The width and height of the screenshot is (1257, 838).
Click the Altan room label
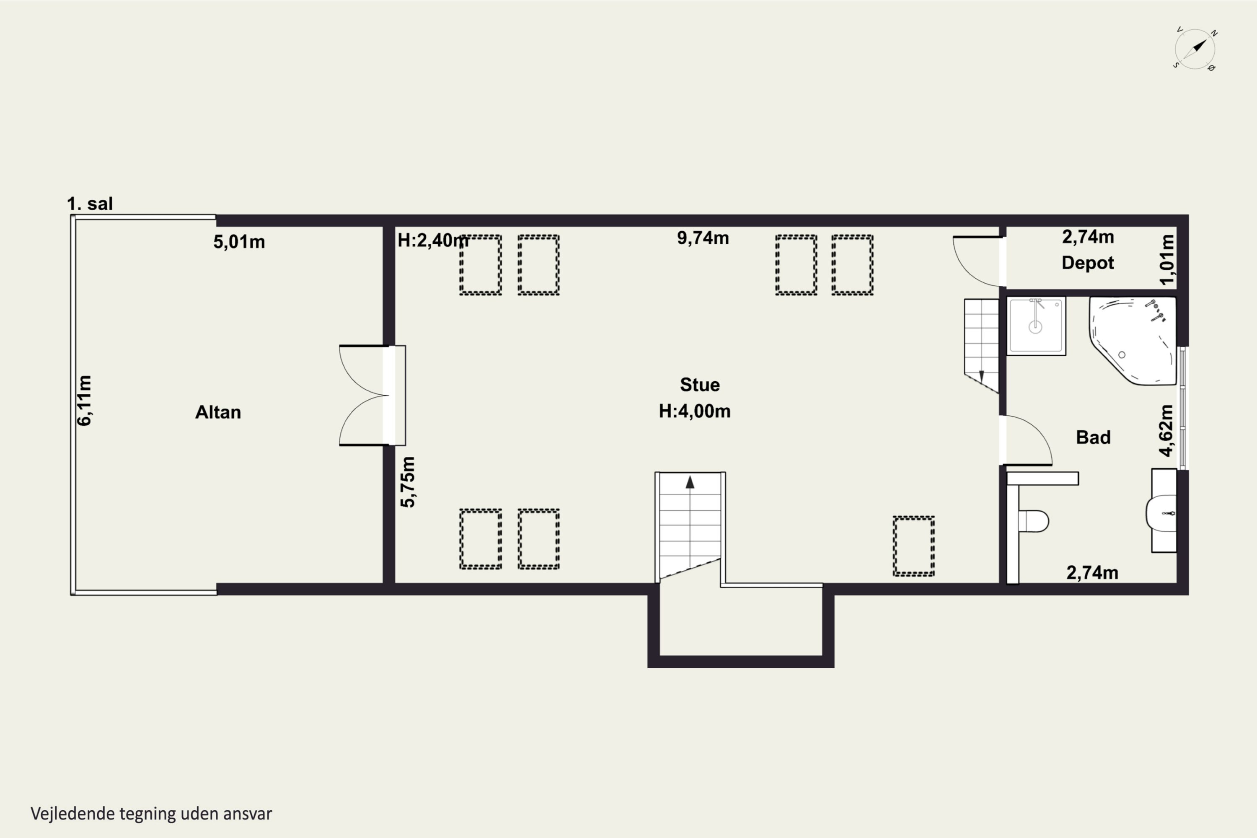218,412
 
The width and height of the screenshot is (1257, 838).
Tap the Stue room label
700,385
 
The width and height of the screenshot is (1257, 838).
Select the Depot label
1088,263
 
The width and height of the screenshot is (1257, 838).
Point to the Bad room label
1093,437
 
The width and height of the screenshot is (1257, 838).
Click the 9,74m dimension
703,238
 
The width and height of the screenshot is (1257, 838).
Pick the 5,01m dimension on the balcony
239,242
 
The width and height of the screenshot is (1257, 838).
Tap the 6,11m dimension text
85,400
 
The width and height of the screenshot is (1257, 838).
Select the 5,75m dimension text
407,481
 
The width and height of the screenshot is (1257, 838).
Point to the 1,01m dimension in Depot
1167,260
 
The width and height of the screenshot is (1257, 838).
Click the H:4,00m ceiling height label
694,411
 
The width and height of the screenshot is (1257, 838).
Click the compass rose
1195,49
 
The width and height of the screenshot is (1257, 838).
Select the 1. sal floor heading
90,204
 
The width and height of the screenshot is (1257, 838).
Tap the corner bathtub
1133,340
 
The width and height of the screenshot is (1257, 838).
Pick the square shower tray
1036,326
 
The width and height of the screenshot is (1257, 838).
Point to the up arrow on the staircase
690,482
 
